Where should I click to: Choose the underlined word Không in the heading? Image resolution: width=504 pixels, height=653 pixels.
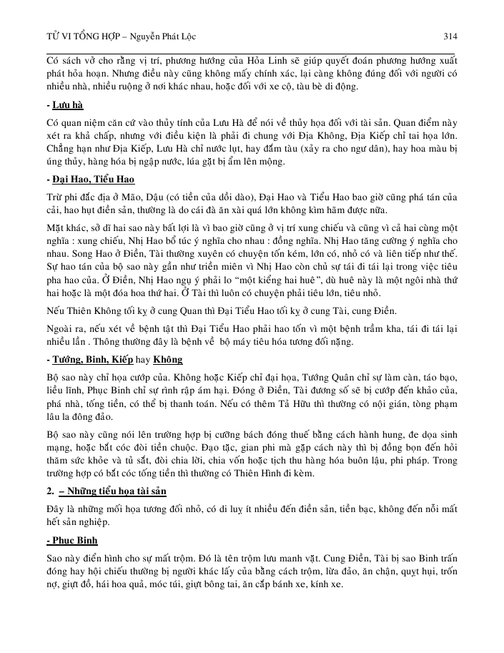[167, 358]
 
